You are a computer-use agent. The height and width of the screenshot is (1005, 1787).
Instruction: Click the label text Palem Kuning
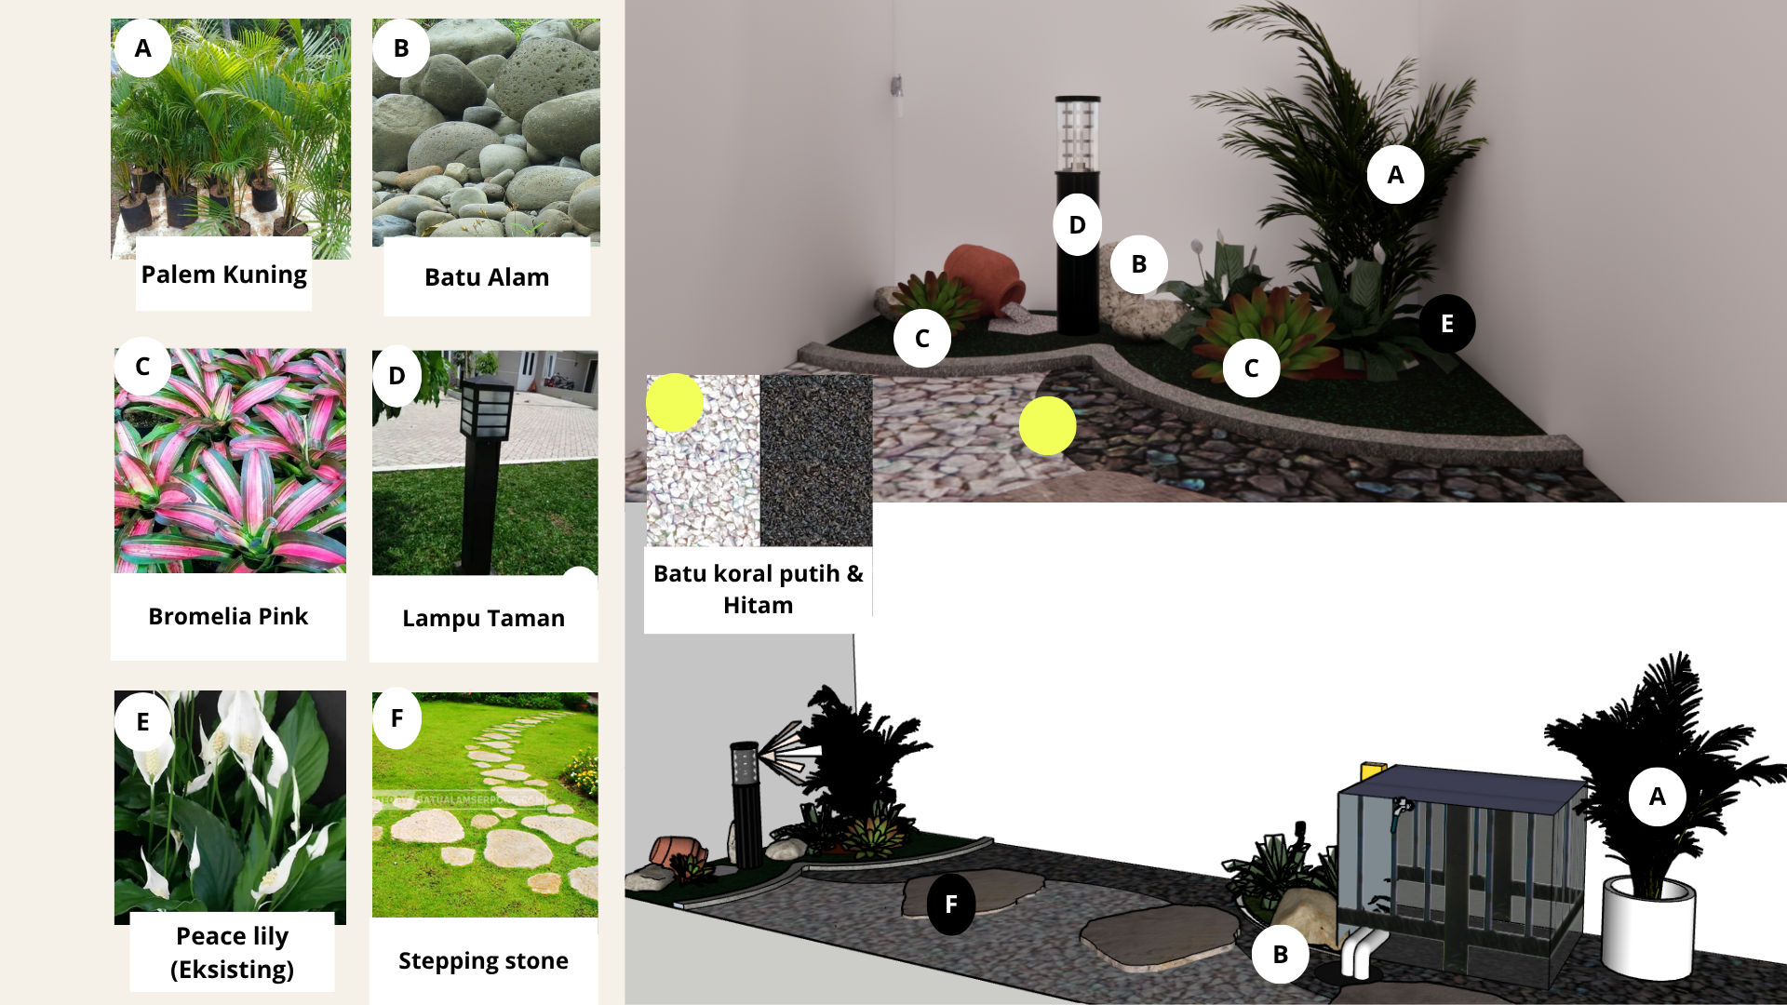223,275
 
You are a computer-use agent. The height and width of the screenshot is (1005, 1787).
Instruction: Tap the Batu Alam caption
487,277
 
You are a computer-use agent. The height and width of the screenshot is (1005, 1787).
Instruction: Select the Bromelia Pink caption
228,616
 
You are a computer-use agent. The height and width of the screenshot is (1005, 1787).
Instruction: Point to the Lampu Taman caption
483,619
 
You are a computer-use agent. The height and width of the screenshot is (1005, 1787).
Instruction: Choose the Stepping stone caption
483,961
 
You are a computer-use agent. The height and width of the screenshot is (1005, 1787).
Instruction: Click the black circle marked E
1447,324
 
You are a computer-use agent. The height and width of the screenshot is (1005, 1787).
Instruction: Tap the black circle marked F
951,904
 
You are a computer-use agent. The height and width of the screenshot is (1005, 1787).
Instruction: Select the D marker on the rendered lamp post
1078,224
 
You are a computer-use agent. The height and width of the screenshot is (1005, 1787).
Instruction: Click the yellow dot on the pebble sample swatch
675,403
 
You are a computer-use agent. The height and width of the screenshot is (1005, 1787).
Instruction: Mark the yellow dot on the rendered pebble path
1048,426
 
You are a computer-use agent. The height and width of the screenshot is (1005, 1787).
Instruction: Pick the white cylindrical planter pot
1648,927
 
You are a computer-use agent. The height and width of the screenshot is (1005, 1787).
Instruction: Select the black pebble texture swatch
816,461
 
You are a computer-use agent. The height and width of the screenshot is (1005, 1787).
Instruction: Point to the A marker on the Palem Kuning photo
143,48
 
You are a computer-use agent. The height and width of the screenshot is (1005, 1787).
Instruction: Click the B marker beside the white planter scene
1281,954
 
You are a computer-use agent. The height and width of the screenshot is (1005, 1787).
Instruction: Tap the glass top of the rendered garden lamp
1078,135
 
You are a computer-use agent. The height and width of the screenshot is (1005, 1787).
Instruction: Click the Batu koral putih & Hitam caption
759,589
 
